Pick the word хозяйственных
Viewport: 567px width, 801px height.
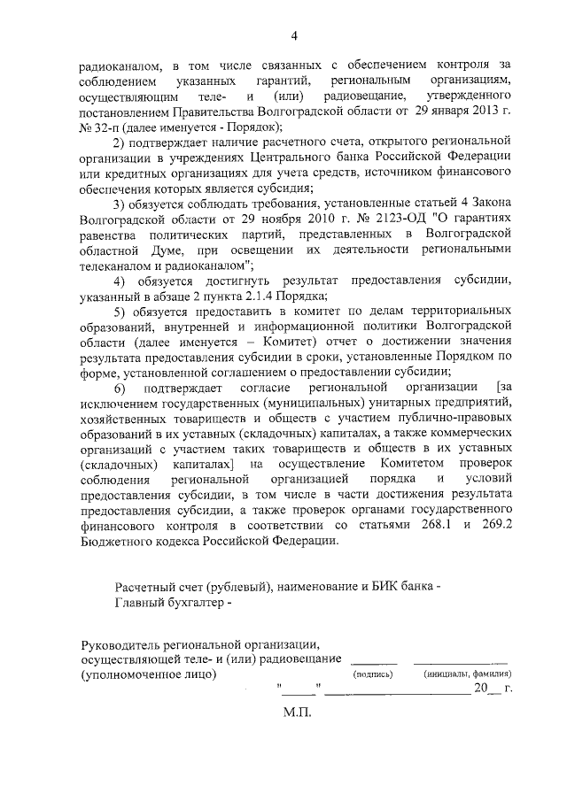pos(123,420)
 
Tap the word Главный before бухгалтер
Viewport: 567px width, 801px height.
pos(140,605)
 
